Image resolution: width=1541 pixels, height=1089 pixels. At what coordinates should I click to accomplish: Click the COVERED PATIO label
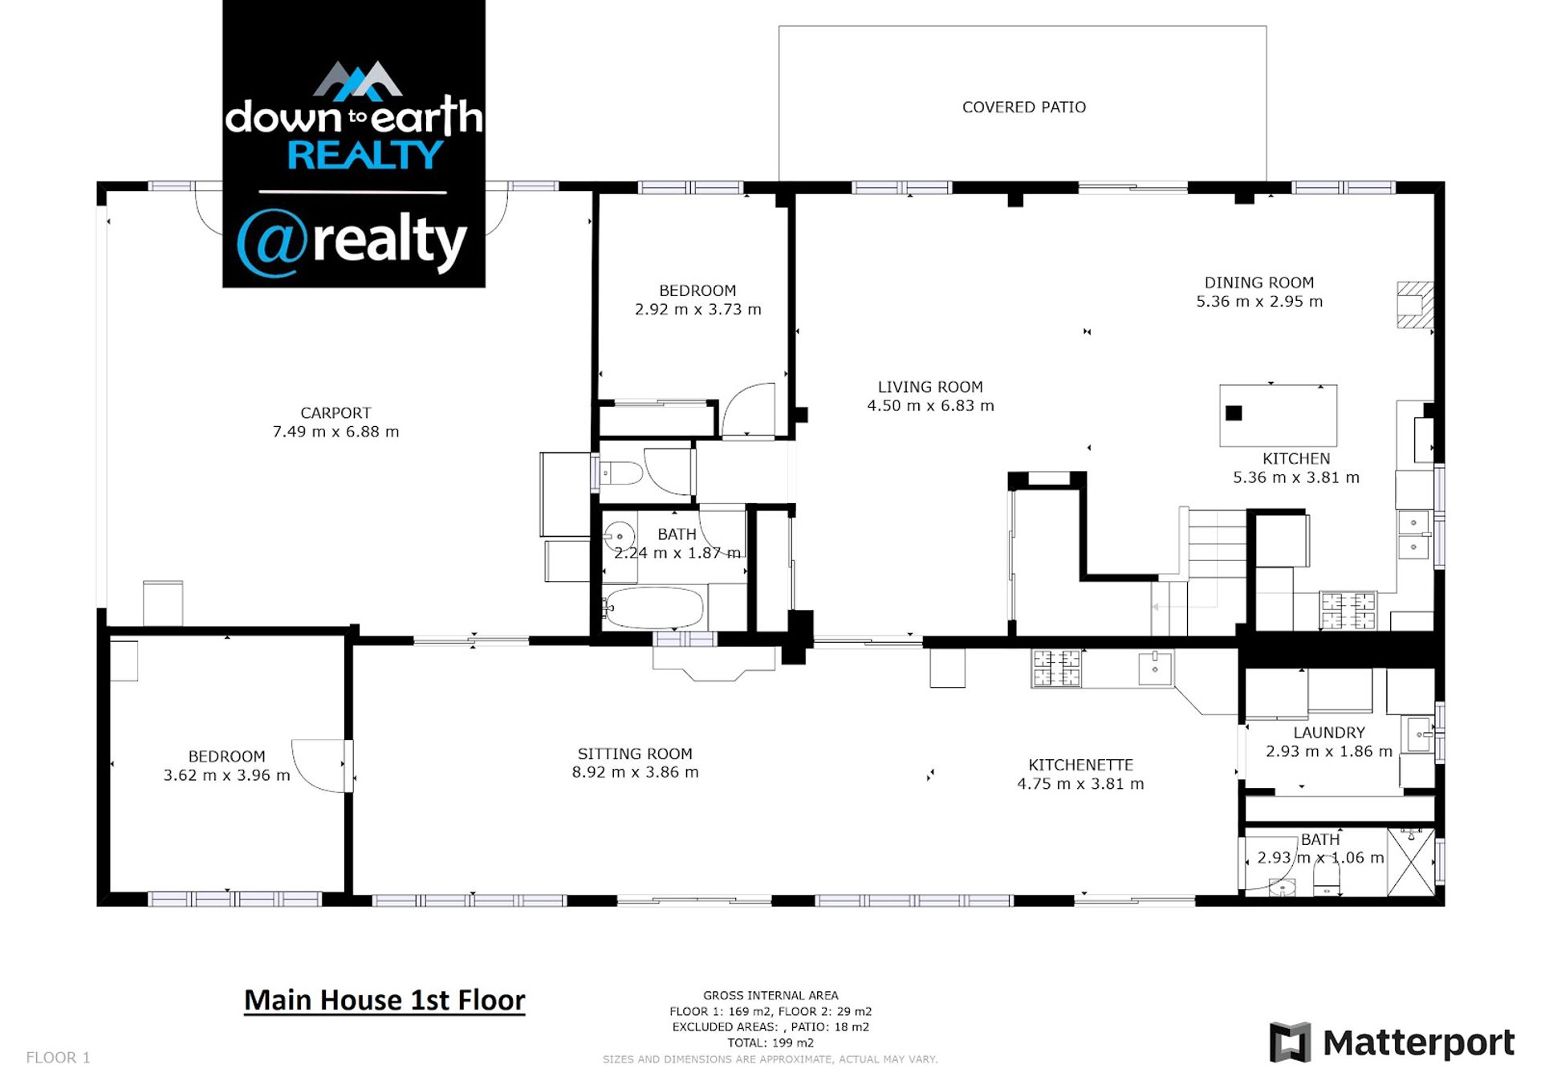tap(1023, 108)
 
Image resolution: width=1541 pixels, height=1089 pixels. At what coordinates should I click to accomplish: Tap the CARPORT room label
tap(335, 413)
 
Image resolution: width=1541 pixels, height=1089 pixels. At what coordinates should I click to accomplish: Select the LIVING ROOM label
tap(929, 388)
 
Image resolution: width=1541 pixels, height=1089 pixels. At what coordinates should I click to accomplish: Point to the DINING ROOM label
tap(1258, 283)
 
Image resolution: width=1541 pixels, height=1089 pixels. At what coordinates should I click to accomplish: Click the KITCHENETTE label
tap(1080, 766)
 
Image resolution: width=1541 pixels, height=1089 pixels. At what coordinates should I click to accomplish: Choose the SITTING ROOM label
tap(635, 754)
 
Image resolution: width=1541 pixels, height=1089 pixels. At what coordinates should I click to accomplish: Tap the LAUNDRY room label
tap(1328, 733)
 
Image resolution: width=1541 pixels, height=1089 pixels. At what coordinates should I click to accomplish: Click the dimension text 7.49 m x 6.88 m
tap(335, 432)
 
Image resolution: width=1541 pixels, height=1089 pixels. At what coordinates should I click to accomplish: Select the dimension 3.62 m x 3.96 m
tap(226, 775)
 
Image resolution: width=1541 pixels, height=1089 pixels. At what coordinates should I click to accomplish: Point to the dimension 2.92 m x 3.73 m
tap(697, 310)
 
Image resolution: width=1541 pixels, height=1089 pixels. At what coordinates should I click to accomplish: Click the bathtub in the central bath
tap(653, 607)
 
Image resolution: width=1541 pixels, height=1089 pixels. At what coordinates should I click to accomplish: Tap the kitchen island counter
tap(1278, 416)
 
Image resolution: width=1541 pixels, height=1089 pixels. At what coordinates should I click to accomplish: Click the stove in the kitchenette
tap(1055, 668)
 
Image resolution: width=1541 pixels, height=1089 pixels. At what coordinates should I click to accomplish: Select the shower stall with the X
tap(1410, 863)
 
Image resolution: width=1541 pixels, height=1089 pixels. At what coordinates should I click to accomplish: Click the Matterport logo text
tap(1418, 1043)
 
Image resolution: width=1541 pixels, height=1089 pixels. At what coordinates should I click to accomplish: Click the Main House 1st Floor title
tap(384, 1001)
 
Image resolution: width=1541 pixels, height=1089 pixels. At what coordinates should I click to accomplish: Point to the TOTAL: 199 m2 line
tap(770, 1043)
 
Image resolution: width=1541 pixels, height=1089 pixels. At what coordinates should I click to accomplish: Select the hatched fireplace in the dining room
tap(1415, 305)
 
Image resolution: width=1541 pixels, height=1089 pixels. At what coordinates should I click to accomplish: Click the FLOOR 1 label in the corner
tap(58, 1058)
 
